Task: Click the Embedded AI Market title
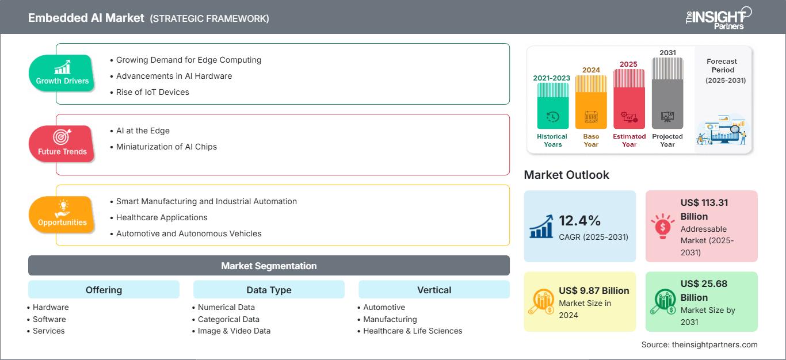tap(86, 18)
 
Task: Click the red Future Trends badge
tap(62, 144)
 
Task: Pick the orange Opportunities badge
tap(62, 215)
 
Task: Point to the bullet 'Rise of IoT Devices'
tap(152, 92)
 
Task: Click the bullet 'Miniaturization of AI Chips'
tap(166, 147)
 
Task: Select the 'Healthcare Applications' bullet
tap(162, 217)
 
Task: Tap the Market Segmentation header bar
tap(269, 266)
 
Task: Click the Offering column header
tap(104, 290)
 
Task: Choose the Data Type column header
tap(269, 290)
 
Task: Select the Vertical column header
tap(434, 290)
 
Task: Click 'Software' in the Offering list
tap(49, 319)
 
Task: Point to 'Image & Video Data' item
tap(234, 331)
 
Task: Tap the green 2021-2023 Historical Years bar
tap(552, 106)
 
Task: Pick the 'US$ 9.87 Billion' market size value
tap(594, 290)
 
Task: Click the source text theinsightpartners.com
tap(699, 344)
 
